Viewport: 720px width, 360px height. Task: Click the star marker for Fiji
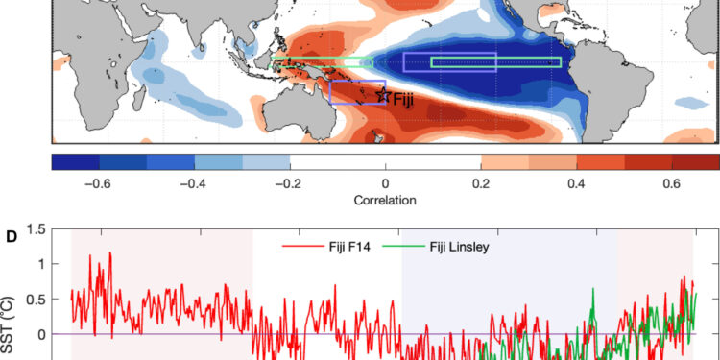pyautogui.click(x=383, y=94)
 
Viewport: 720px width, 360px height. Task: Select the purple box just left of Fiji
pyautogui.click(x=357, y=91)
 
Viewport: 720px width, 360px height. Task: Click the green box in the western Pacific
pyautogui.click(x=323, y=62)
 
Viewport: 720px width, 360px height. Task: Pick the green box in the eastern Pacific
pyautogui.click(x=495, y=62)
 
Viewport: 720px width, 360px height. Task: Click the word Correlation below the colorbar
pyautogui.click(x=385, y=202)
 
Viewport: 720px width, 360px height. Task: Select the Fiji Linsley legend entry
pyautogui.click(x=456, y=247)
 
